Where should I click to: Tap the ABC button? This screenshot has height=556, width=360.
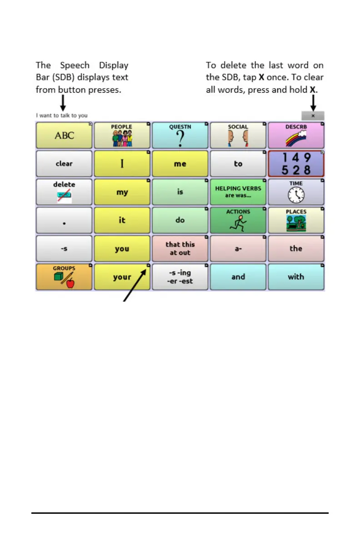(x=64, y=135)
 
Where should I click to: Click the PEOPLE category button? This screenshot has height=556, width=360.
(x=122, y=135)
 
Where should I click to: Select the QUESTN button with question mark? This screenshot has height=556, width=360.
(x=180, y=135)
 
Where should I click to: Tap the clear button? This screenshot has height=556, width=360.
(x=64, y=164)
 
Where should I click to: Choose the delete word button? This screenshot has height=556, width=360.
(x=64, y=192)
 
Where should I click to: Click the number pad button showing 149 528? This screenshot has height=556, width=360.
(x=296, y=164)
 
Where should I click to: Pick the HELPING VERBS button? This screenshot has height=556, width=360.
(x=238, y=192)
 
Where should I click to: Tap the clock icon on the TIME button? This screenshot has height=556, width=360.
(x=296, y=195)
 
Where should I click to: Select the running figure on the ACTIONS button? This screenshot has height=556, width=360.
(x=238, y=223)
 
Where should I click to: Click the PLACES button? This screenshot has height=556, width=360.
(x=296, y=220)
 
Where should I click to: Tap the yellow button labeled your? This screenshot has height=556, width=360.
(x=122, y=277)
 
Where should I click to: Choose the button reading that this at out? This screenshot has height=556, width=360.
(x=180, y=248)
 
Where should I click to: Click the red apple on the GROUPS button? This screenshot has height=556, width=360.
(x=70, y=284)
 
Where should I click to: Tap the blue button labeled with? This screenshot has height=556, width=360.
(x=296, y=277)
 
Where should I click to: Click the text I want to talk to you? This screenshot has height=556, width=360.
(x=62, y=115)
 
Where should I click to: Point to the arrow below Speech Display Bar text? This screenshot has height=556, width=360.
(x=63, y=104)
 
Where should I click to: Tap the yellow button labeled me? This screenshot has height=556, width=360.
(x=180, y=164)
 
